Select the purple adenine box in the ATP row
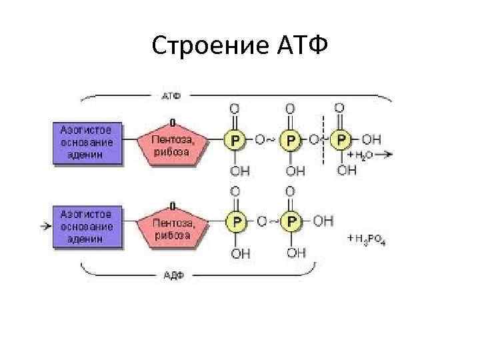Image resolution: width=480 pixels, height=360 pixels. coord(87,142)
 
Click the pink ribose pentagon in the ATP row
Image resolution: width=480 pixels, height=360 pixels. coord(171,143)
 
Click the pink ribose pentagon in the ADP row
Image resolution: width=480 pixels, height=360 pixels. coord(171,226)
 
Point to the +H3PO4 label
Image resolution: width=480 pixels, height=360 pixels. coord(366,239)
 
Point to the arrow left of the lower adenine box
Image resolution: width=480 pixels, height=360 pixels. coord(45,226)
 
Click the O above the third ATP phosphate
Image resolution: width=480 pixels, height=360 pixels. coord(339,107)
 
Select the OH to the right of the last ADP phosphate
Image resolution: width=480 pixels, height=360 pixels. coord(323,221)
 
